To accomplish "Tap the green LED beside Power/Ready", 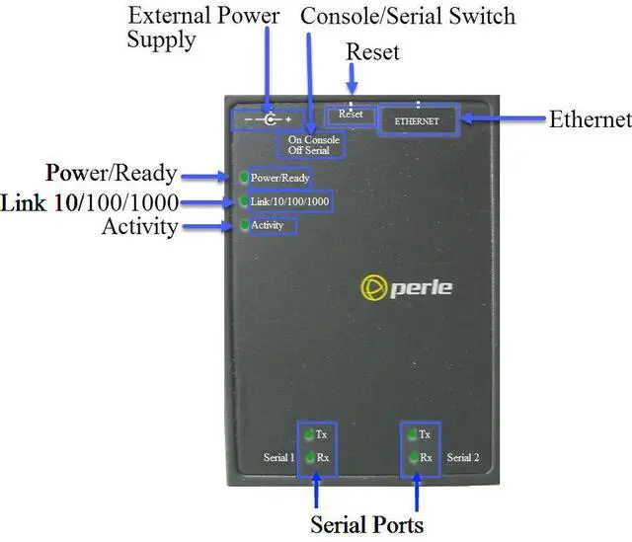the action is pyautogui.click(x=244, y=177).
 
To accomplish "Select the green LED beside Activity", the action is pyautogui.click(x=245, y=225).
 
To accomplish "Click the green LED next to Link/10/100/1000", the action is pyautogui.click(x=244, y=200).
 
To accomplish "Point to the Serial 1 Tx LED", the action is pyautogui.click(x=309, y=434).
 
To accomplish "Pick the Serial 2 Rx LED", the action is pyautogui.click(x=414, y=457).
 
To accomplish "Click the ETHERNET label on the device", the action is pyautogui.click(x=417, y=120).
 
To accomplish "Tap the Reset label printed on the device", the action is pyautogui.click(x=351, y=115).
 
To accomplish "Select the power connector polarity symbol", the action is pyautogui.click(x=268, y=119).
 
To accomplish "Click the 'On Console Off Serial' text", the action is pyautogui.click(x=314, y=145).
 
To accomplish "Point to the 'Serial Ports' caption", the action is pyautogui.click(x=366, y=524).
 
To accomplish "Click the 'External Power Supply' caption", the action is pyautogui.click(x=203, y=29).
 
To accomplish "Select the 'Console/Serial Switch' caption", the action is pyautogui.click(x=408, y=17).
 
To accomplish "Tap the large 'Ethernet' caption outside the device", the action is pyautogui.click(x=591, y=119).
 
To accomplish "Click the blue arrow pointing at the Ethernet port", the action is pyautogui.click(x=504, y=118).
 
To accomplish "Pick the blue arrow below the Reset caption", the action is pyautogui.click(x=352, y=78).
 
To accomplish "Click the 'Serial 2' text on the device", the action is pyautogui.click(x=463, y=457).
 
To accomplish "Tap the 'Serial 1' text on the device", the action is pyautogui.click(x=278, y=457).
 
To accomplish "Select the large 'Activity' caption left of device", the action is pyautogui.click(x=140, y=227).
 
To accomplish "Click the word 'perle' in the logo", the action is pyautogui.click(x=422, y=287).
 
